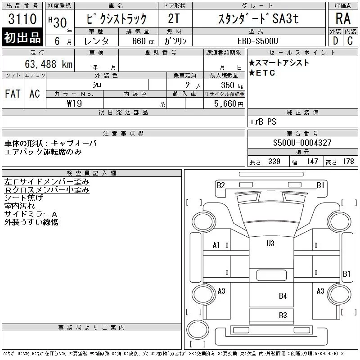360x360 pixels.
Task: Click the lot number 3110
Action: [x=22, y=19]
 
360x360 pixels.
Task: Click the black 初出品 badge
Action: [x=22, y=37]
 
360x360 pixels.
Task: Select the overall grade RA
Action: [x=343, y=18]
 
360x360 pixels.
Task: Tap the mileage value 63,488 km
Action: [x=49, y=64]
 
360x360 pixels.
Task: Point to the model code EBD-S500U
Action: [x=257, y=41]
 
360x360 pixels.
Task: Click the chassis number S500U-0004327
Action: [x=302, y=143]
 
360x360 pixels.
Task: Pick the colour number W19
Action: [x=74, y=103]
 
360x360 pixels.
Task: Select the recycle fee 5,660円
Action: [x=229, y=104]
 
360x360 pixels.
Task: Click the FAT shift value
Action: [x=13, y=94]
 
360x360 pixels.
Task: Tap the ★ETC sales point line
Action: [x=262, y=73]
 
